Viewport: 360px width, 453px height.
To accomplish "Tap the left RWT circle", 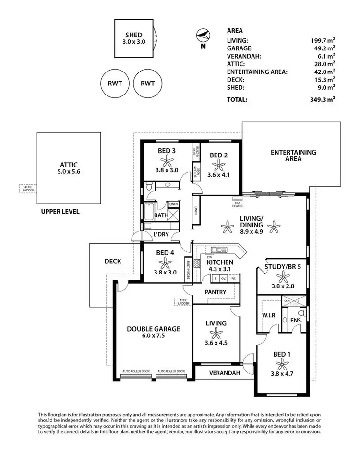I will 115,83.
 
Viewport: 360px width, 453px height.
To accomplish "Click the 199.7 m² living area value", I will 322,41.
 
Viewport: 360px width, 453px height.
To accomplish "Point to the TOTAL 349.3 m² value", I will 322,100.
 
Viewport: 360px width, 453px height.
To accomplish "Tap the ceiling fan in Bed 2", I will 219,166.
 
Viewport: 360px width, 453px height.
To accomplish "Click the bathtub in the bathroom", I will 148,212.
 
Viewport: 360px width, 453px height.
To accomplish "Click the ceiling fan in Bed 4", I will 166,262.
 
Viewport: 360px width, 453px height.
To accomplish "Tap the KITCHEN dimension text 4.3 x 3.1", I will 219,270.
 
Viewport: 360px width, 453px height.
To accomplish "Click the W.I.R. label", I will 268,316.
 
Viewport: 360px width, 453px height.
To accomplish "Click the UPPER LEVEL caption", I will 60,211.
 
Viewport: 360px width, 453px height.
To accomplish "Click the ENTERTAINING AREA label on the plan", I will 293,155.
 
